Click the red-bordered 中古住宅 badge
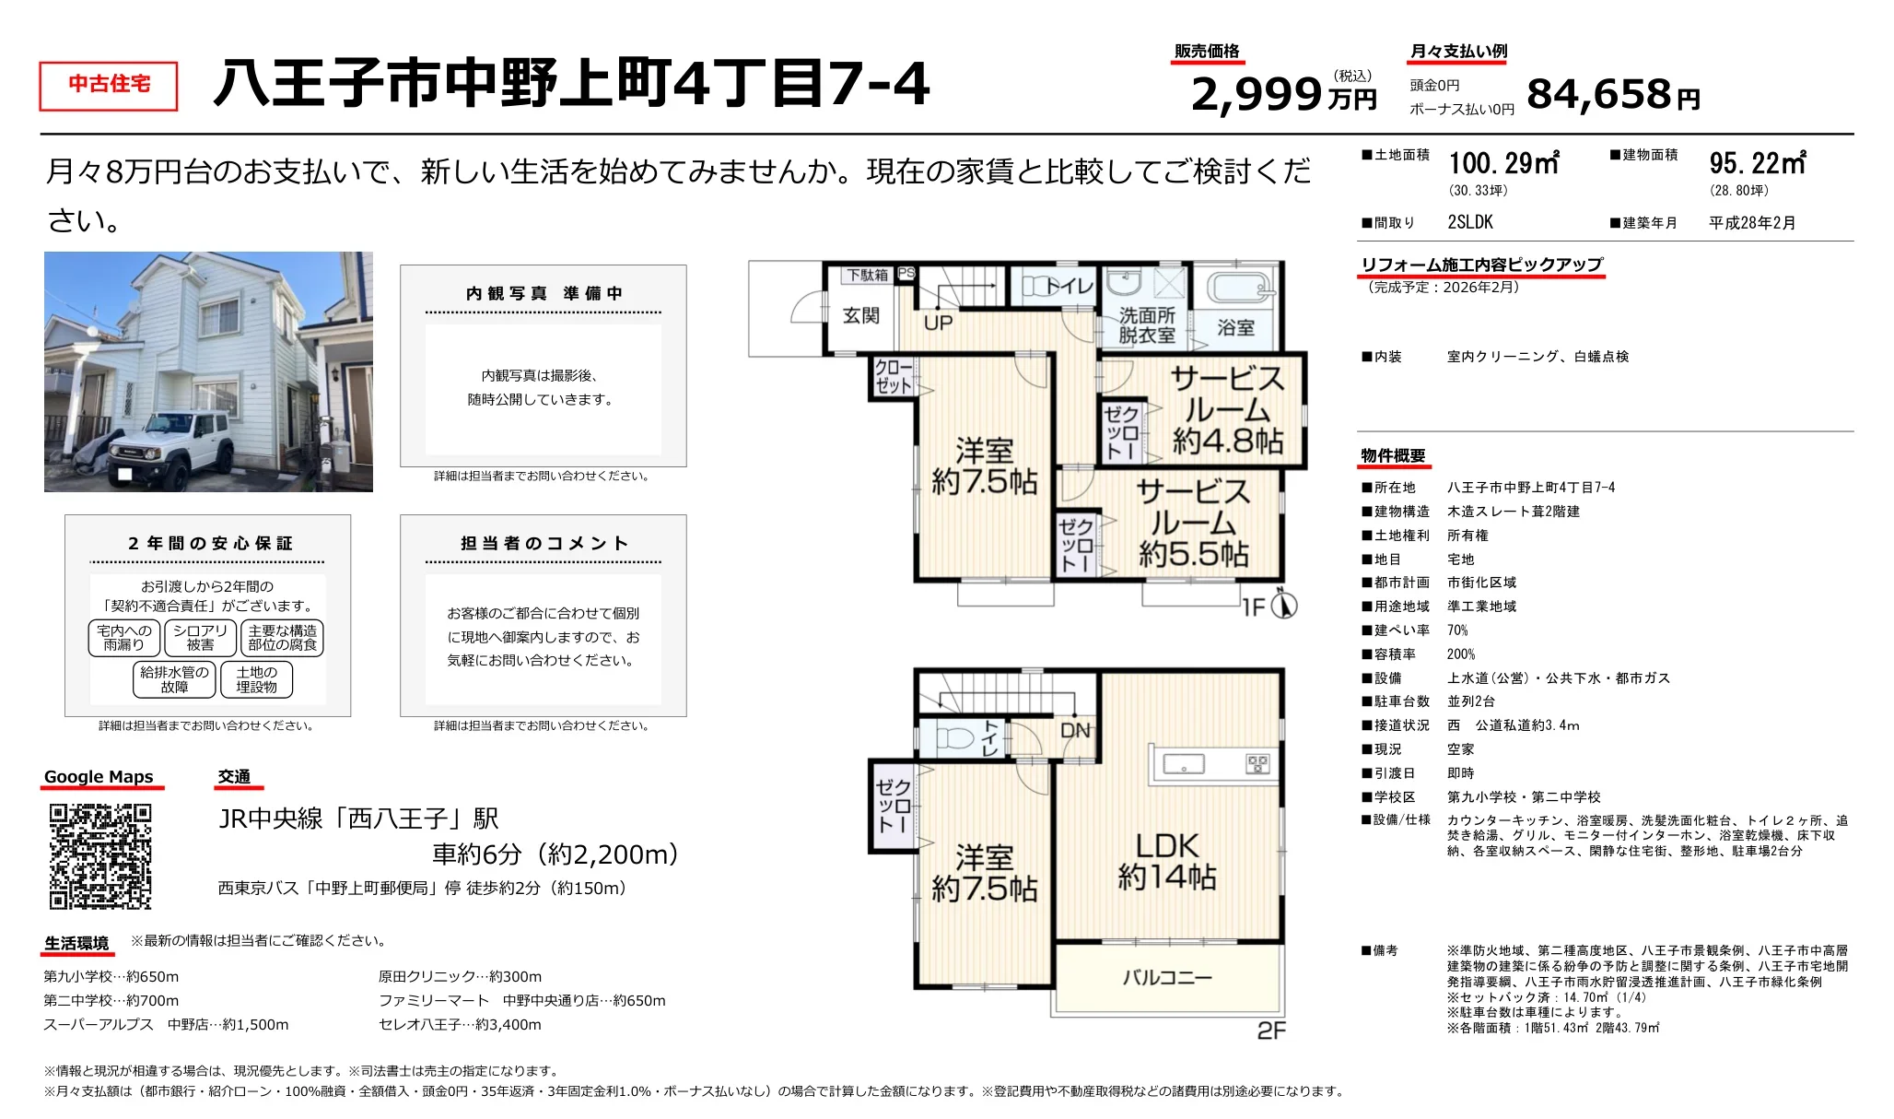(x=109, y=86)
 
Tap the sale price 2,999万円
(x=1282, y=94)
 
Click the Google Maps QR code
(x=99, y=856)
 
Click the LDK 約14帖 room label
(x=1167, y=861)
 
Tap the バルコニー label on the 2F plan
(x=1167, y=977)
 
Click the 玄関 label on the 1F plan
(x=861, y=316)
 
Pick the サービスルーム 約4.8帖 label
(x=1227, y=410)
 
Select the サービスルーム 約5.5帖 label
(x=1194, y=523)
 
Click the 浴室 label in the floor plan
(x=1235, y=327)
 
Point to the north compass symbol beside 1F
(x=1283, y=605)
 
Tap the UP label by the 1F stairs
(x=938, y=323)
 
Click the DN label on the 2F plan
(x=1075, y=731)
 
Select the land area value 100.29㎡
(x=1503, y=164)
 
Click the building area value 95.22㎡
(x=1758, y=164)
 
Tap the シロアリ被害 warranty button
(x=200, y=638)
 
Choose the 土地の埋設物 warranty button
(x=256, y=679)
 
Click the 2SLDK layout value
(x=1470, y=222)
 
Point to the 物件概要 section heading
(x=1393, y=456)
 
